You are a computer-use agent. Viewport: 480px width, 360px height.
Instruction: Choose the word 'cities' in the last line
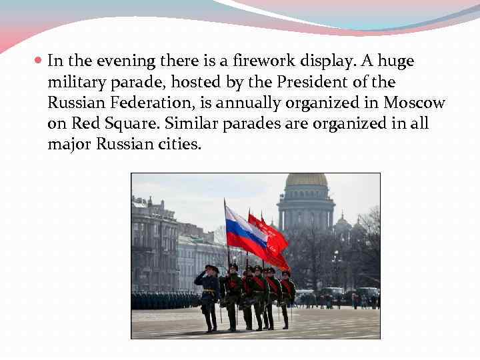coord(180,145)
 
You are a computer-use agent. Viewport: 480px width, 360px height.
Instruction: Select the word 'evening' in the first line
coord(127,61)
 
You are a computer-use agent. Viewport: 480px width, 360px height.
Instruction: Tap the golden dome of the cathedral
coord(307,181)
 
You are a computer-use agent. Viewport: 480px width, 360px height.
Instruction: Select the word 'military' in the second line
coord(73,83)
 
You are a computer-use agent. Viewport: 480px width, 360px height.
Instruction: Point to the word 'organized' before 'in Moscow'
coord(322,103)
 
